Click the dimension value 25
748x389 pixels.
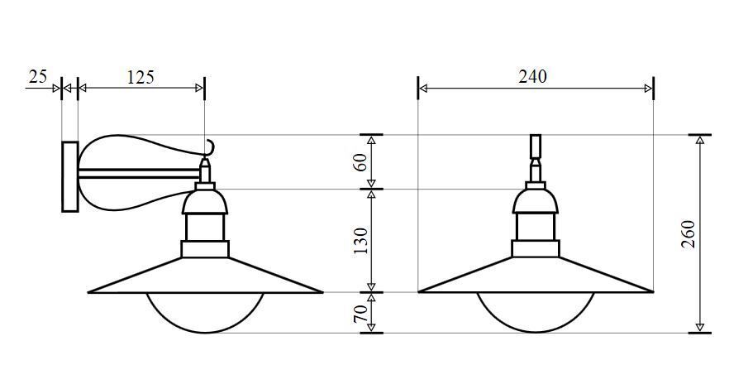(x=38, y=77)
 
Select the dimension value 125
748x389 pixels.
(x=141, y=77)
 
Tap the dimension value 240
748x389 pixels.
(x=532, y=76)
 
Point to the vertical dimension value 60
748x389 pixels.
(x=360, y=162)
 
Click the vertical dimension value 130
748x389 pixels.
(x=360, y=241)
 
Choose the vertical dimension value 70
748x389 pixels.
(x=360, y=313)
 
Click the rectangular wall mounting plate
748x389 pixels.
(x=70, y=176)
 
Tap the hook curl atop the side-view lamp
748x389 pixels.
(x=210, y=148)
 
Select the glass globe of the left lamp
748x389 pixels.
(x=205, y=312)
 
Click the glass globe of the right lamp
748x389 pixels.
(x=536, y=312)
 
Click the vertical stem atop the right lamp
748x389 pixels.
(x=536, y=147)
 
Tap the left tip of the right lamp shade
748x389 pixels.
(x=422, y=291)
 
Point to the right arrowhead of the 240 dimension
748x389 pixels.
(x=649, y=88)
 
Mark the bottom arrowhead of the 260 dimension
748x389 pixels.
(x=700, y=328)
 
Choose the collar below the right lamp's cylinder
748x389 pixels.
(x=536, y=247)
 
